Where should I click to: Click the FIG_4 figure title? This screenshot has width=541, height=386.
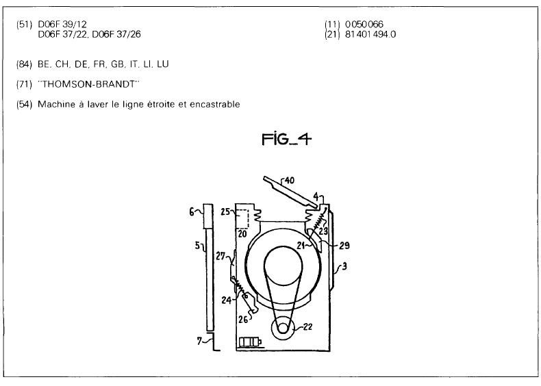click(286, 140)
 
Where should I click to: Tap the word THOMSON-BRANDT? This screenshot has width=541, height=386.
click(88, 84)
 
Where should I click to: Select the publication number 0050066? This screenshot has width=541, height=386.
click(364, 24)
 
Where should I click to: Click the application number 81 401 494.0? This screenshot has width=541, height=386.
click(370, 34)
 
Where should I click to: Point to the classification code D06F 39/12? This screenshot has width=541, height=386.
click(62, 24)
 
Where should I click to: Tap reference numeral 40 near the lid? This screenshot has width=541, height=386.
click(289, 181)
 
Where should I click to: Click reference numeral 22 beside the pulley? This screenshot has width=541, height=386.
click(307, 326)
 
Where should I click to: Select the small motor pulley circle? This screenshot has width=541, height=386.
click(283, 328)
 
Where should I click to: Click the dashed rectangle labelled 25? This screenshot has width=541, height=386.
click(243, 218)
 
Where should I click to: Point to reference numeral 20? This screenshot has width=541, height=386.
click(242, 233)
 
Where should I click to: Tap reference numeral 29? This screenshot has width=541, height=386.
click(344, 245)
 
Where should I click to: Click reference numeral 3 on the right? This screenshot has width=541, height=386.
click(344, 266)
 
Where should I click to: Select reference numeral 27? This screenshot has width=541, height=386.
click(221, 256)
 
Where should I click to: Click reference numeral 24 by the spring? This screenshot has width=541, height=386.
click(227, 300)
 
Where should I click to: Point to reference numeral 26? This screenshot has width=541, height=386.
click(243, 320)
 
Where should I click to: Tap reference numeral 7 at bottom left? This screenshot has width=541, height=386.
click(199, 341)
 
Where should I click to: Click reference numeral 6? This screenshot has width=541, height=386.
click(192, 211)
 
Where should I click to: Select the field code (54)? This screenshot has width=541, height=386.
click(24, 104)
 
